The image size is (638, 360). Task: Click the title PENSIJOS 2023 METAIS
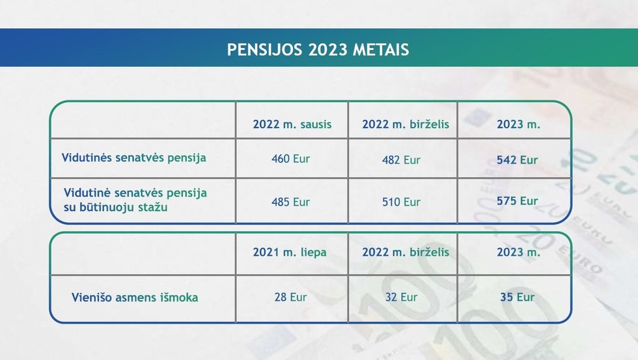318,49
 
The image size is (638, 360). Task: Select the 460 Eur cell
290,159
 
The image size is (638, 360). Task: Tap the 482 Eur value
401,160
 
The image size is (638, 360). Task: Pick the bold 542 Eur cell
517,160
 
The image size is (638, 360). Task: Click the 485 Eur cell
290,202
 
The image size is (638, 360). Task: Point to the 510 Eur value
401,202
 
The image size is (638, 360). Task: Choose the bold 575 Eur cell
517,201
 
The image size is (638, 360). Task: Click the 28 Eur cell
290,297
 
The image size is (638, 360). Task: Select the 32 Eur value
401,297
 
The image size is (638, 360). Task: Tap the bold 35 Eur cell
517,297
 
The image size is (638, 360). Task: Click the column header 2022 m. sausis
292,124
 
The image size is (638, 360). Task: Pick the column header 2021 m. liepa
290,252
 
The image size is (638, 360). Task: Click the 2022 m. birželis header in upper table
406,124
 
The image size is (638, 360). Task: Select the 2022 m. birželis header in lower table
406,252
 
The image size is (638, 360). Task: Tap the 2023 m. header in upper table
518,124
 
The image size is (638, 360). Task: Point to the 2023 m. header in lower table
518,252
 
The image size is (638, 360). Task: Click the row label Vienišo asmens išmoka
135,298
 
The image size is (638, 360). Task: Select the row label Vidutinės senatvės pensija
134,158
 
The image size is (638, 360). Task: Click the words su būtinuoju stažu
116,207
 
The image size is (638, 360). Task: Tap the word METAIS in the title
380,49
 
